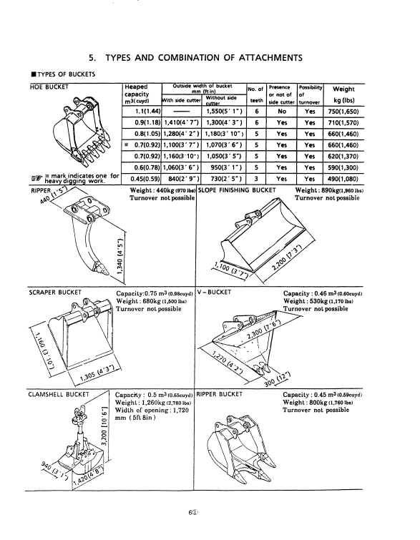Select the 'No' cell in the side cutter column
(282, 112)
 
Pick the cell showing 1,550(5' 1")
(224, 112)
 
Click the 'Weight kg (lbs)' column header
(343, 94)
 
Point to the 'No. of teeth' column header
(256, 94)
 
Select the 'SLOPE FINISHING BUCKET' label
(238, 190)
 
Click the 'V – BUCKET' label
(215, 293)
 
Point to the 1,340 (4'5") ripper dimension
(120, 256)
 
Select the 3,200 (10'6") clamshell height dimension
(106, 426)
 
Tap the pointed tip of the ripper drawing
(107, 274)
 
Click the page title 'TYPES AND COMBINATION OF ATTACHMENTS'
(204, 57)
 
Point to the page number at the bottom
(193, 512)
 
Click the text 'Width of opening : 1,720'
(152, 410)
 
